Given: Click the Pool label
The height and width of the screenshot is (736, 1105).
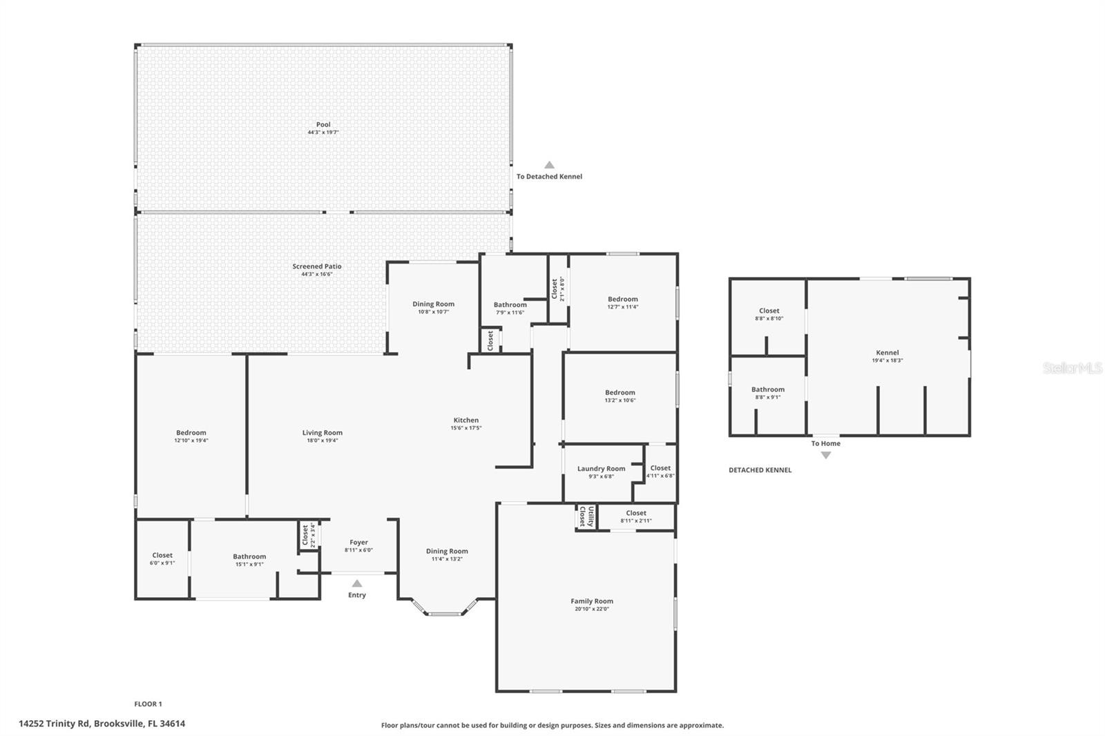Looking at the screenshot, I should (x=323, y=125).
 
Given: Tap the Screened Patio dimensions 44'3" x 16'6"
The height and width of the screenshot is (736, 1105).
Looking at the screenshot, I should (x=317, y=275).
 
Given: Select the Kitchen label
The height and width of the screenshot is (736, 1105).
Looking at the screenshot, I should (x=466, y=420).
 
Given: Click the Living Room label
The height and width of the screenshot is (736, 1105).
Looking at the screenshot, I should (x=323, y=433).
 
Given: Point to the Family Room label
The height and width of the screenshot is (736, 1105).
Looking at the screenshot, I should (x=592, y=601).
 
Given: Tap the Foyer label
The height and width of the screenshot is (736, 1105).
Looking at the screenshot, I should (x=358, y=543).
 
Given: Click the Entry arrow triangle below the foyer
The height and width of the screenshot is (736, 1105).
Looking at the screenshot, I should (x=357, y=583).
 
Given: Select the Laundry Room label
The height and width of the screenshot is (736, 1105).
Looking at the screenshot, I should (x=601, y=469).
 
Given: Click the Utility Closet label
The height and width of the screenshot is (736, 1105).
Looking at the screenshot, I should (x=586, y=516).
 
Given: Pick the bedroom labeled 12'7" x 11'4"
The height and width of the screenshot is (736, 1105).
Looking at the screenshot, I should (x=622, y=300).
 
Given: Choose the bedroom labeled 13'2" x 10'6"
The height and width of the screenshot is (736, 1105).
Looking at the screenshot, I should (x=619, y=393).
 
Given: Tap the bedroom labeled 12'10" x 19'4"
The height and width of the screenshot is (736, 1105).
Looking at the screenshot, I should (x=191, y=433).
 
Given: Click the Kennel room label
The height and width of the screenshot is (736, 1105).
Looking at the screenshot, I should (x=887, y=353).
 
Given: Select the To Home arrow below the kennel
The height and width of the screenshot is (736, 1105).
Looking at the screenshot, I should (x=825, y=455).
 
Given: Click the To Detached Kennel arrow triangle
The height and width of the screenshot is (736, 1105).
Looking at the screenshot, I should (x=549, y=165).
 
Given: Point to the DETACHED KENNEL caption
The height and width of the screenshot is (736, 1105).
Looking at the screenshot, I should (x=760, y=470).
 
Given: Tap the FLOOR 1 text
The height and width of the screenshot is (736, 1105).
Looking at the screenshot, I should (x=148, y=704).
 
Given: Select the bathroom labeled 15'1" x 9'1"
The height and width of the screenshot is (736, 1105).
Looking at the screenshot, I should (x=249, y=556).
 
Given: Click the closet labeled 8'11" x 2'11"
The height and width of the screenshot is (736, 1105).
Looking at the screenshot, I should (x=636, y=513).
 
